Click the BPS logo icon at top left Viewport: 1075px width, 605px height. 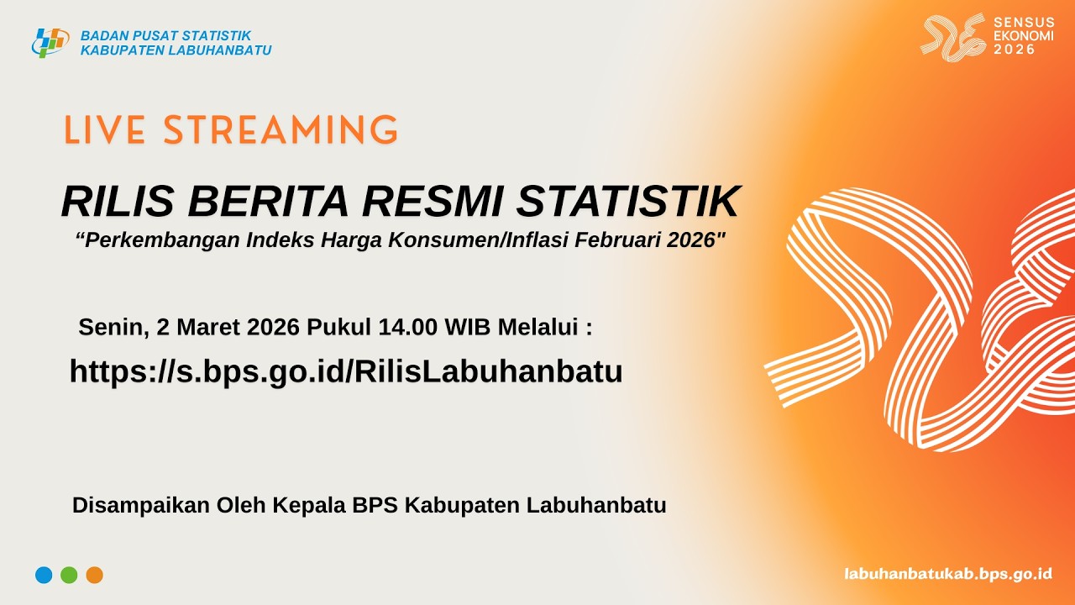pyautogui.click(x=50, y=42)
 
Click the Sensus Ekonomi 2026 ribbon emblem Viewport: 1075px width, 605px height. pyautogui.click(x=952, y=38)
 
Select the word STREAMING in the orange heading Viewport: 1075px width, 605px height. pyautogui.click(x=281, y=132)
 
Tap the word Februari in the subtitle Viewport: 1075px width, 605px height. pyautogui.click(x=632, y=240)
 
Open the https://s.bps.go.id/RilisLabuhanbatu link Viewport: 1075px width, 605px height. pyautogui.click(x=346, y=371)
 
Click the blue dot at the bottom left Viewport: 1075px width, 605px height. pyautogui.click(x=44, y=575)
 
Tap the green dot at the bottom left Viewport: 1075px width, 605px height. pyautogui.click(x=69, y=575)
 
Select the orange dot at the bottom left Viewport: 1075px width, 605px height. pyautogui.click(x=94, y=575)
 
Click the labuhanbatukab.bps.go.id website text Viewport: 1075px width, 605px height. pyautogui.click(x=948, y=574)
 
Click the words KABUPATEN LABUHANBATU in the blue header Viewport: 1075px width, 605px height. pyautogui.click(x=176, y=50)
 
